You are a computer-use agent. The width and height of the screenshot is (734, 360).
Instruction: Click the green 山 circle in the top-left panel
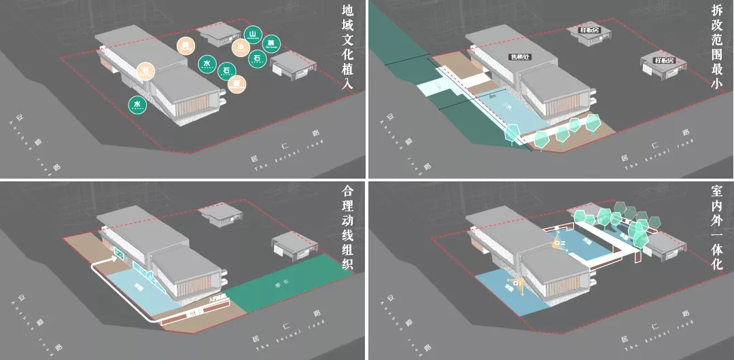point(253,35)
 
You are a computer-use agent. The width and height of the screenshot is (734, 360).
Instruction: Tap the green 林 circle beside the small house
point(271,43)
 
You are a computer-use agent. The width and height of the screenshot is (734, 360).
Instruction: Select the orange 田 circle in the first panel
point(240,48)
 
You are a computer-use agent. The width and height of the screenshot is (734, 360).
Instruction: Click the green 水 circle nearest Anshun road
point(137,105)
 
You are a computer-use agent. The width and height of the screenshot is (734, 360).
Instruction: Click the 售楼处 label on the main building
point(520,57)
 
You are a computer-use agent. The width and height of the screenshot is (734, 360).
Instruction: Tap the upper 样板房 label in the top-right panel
point(589,31)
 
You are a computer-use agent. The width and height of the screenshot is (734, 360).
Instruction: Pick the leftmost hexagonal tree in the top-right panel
point(511,134)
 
